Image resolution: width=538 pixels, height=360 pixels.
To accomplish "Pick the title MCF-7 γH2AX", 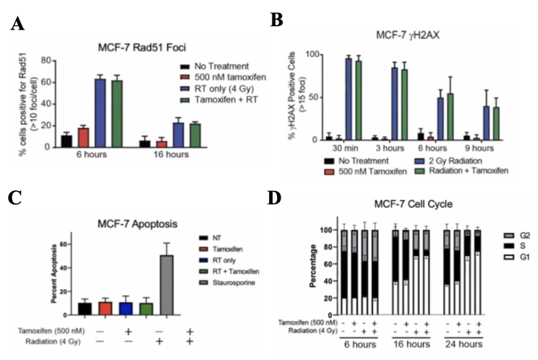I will click(408, 37).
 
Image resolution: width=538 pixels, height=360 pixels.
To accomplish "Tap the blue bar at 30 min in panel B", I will click(349, 99).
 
